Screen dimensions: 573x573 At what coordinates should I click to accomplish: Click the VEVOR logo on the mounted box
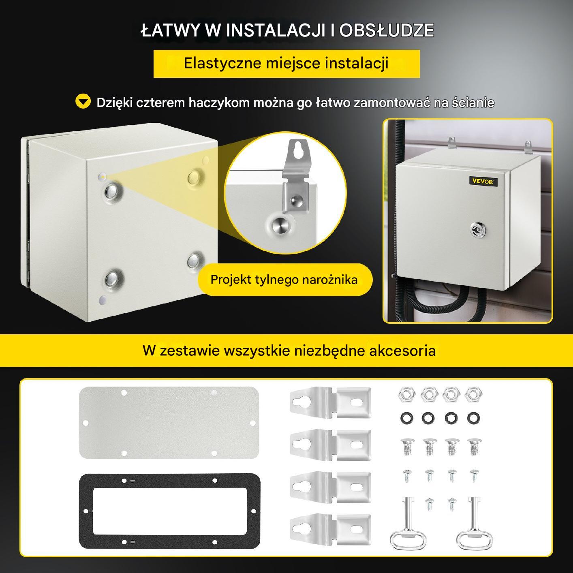point(483,182)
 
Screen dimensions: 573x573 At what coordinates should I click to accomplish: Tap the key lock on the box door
point(477,229)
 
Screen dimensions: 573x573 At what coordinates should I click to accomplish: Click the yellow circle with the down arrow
point(83,101)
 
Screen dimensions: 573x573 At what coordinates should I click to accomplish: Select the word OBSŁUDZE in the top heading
point(387,30)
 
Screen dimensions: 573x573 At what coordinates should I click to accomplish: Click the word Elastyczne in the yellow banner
point(222,63)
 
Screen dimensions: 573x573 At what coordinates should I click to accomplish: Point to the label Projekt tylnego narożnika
point(284,280)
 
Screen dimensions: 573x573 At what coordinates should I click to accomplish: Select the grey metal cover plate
point(169,423)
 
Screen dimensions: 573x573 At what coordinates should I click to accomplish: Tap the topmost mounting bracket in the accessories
point(331,402)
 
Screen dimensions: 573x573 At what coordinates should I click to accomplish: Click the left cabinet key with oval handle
point(408,524)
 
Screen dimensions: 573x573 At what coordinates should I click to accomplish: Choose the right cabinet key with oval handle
point(474,524)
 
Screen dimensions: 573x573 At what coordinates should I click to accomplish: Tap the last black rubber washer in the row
point(473,418)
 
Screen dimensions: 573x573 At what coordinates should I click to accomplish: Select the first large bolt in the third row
point(407,447)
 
